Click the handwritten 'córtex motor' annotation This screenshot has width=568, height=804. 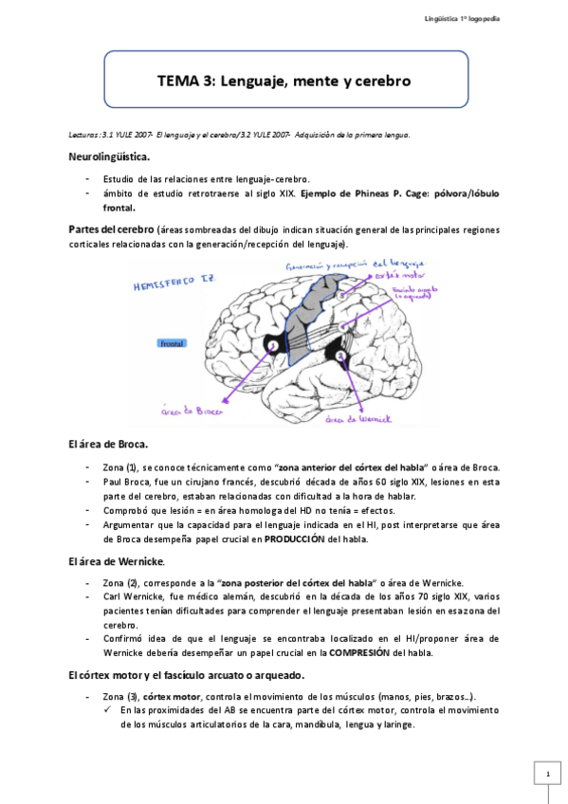tap(395, 276)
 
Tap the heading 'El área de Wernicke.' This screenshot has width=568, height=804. tap(115, 561)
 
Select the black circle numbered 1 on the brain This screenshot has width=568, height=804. tap(273, 347)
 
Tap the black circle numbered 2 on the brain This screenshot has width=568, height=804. tap(341, 356)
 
